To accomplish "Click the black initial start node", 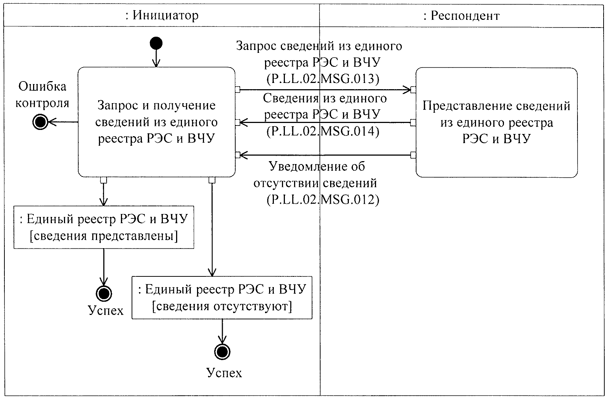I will tap(156, 44).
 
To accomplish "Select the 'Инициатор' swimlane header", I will tap(162, 15).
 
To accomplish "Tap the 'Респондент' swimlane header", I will tap(461, 15).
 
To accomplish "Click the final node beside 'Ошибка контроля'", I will tap(40, 122).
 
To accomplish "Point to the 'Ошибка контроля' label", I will tap(42, 94).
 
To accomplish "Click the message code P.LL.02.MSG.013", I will tap(322, 79).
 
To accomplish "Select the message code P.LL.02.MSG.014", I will tap(322, 131).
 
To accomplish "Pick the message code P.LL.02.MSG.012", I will tap(322, 199).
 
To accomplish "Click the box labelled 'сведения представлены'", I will tap(104, 227).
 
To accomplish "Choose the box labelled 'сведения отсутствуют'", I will tap(222, 297).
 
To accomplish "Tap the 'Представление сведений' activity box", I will tap(496, 122).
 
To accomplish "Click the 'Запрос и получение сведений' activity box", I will tap(156, 122).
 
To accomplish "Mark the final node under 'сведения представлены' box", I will tap(104, 293).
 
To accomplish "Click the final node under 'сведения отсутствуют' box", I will tap(222, 352).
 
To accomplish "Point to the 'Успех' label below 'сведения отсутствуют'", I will tap(224, 373).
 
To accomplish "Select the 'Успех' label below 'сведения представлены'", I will tap(106, 310).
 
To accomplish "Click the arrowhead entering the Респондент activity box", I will tap(408, 90).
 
